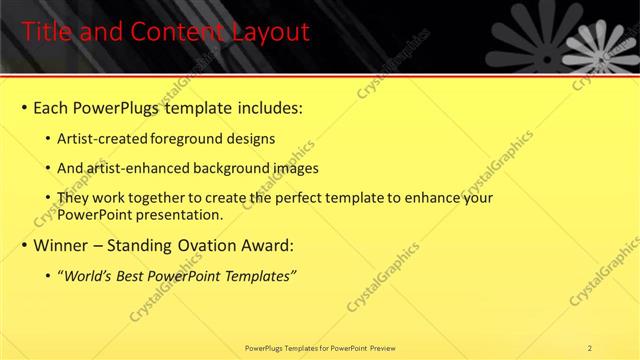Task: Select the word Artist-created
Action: (x=103, y=138)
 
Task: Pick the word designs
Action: (x=249, y=138)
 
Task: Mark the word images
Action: (x=290, y=169)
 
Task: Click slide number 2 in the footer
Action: (x=589, y=348)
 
